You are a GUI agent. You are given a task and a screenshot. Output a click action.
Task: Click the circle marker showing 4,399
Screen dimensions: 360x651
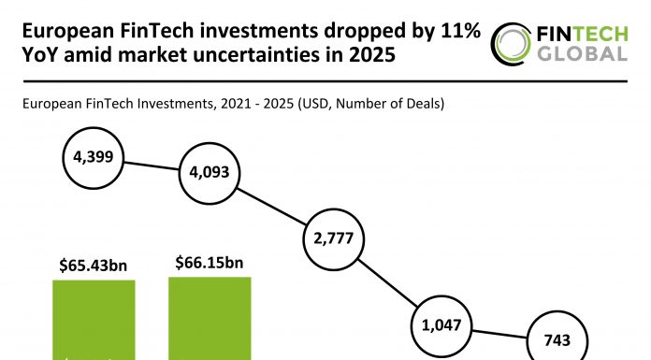tap(92, 156)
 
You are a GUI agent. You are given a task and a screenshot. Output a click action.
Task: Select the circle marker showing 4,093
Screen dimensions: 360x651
tap(210, 173)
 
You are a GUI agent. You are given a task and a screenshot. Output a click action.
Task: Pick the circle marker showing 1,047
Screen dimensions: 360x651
tap(441, 326)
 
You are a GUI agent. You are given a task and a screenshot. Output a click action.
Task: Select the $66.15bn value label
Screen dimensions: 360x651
tap(209, 263)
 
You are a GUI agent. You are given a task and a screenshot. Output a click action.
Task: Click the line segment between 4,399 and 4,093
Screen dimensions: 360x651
tap(151, 165)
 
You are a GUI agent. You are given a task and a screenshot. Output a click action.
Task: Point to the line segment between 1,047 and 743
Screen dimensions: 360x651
tap(500, 334)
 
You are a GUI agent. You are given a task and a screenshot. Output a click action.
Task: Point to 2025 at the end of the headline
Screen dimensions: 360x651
tap(369, 56)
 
